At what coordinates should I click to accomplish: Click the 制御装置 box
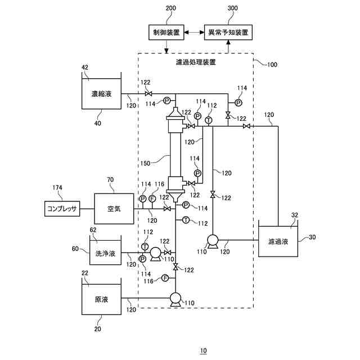[x=166, y=33]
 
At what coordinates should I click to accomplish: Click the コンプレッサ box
[x=62, y=209]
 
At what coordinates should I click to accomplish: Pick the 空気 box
[x=114, y=209]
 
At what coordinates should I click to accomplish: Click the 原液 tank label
[x=102, y=300]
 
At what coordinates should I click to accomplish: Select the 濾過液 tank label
[x=278, y=242]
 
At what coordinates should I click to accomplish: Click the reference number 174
[x=57, y=188]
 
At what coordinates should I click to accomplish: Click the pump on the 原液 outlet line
[x=174, y=298]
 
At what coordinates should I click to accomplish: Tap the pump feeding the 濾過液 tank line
[x=213, y=240]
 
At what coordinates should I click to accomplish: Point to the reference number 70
[x=110, y=181]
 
